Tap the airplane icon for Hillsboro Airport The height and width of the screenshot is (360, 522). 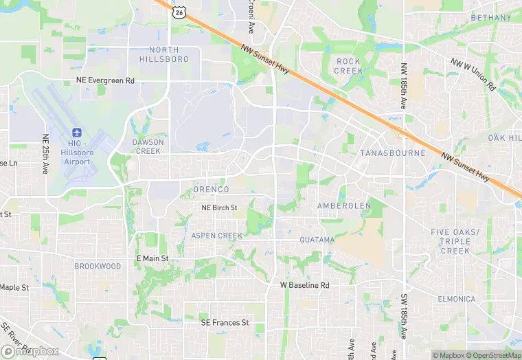[76, 132]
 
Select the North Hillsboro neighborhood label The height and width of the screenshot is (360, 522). [164, 54]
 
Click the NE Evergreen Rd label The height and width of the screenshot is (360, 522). [106, 80]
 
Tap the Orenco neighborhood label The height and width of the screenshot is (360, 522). [211, 189]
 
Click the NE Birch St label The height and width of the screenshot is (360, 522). [219, 207]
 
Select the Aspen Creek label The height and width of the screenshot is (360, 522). [216, 236]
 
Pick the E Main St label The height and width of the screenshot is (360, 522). [152, 258]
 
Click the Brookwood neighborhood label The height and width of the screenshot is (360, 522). [98, 266]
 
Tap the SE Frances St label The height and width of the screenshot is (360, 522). [224, 322]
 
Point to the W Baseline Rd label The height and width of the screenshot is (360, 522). [305, 285]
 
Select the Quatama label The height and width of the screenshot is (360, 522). [317, 240]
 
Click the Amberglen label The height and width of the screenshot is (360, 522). [343, 205]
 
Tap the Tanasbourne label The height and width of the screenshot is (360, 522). [393, 153]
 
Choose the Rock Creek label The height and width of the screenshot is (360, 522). [349, 66]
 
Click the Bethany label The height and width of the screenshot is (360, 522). [491, 18]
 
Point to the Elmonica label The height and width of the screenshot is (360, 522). [456, 299]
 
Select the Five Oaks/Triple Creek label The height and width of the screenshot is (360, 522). [455, 241]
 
